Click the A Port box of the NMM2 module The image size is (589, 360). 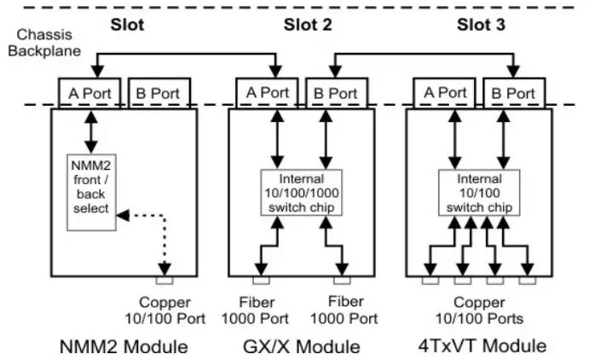tap(90, 91)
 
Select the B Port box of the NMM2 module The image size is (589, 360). tap(159, 91)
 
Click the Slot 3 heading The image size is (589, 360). tap(482, 24)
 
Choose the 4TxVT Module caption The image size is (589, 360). tap(481, 346)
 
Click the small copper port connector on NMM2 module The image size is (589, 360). tap(165, 279)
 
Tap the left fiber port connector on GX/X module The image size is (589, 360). tap(260, 279)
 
